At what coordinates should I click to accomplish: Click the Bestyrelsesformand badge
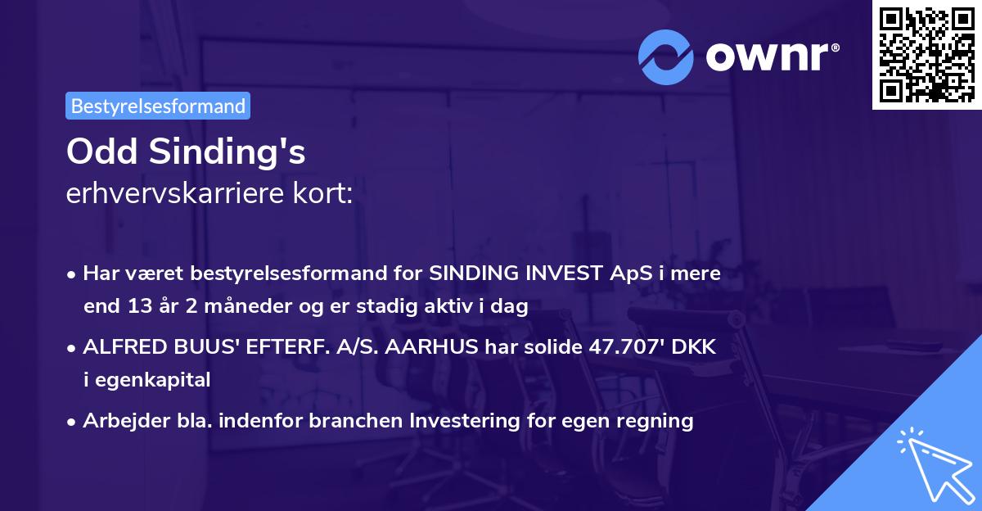[158, 106]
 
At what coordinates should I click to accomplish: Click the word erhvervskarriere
[177, 195]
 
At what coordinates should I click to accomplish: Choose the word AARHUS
[428, 347]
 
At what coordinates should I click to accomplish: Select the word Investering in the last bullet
[457, 421]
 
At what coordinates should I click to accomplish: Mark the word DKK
[696, 347]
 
